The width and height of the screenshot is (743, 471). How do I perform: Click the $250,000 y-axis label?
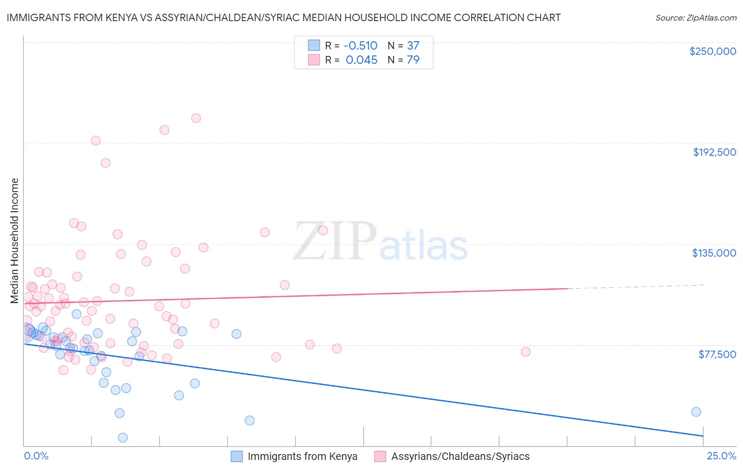(712, 51)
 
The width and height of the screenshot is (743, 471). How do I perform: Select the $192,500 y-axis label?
(714, 152)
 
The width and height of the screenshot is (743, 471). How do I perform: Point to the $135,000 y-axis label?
(714, 253)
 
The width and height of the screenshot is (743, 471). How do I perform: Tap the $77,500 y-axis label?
(717, 354)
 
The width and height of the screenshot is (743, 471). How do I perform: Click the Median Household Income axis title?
(14, 241)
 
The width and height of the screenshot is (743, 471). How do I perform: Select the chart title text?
(283, 17)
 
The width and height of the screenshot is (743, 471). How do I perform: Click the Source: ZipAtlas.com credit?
(695, 18)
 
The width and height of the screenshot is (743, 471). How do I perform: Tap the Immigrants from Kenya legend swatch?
(237, 457)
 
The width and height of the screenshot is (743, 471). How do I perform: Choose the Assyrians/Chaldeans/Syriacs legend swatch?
(380, 457)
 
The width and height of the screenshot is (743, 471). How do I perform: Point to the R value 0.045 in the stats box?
(361, 60)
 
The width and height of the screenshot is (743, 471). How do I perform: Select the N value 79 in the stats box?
(413, 60)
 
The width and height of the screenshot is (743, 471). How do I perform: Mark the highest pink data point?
(196, 118)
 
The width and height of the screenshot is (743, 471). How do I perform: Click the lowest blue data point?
(123, 437)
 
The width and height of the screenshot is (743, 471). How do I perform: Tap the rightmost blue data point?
(696, 412)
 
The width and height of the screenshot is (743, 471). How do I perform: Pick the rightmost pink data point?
(525, 352)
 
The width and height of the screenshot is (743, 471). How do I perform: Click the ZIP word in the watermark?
(335, 241)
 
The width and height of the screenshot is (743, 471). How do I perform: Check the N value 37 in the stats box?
(413, 46)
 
